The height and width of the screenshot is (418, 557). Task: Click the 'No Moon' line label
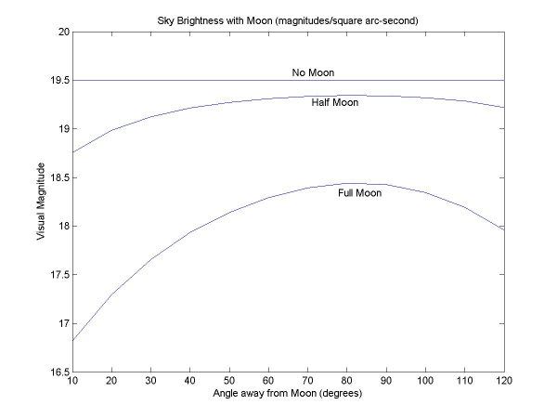click(312, 72)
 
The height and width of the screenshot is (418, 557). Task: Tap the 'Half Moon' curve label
click(334, 102)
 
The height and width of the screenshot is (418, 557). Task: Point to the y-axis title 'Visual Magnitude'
click(41, 202)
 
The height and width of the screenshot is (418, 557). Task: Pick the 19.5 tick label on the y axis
click(59, 80)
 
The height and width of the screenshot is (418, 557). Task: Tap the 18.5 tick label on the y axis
click(59, 177)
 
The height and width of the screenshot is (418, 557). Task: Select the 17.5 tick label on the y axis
click(59, 274)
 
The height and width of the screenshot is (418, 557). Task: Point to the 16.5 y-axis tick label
click(59, 372)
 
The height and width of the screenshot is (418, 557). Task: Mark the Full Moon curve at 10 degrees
click(73, 340)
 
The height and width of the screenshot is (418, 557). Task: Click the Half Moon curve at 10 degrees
click(73, 152)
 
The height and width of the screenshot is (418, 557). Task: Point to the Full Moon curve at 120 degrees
click(503, 229)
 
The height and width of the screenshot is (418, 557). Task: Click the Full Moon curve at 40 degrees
click(191, 232)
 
